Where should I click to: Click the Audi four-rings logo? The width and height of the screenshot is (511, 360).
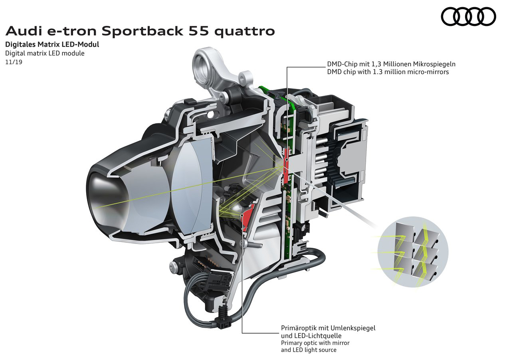(x=468, y=16)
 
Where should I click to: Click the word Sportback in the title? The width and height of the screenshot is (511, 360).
(x=143, y=31)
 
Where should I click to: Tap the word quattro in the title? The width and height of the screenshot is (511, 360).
(x=245, y=32)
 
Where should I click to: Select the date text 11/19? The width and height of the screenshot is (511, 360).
(x=14, y=62)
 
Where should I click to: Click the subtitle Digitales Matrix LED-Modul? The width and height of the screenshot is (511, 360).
(x=52, y=44)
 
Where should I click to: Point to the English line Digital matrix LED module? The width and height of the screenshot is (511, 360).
(x=45, y=53)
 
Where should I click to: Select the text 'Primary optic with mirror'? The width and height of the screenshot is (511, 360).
(x=315, y=343)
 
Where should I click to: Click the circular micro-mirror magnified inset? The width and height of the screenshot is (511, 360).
(x=413, y=252)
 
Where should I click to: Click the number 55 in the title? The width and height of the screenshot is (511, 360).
(x=199, y=32)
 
